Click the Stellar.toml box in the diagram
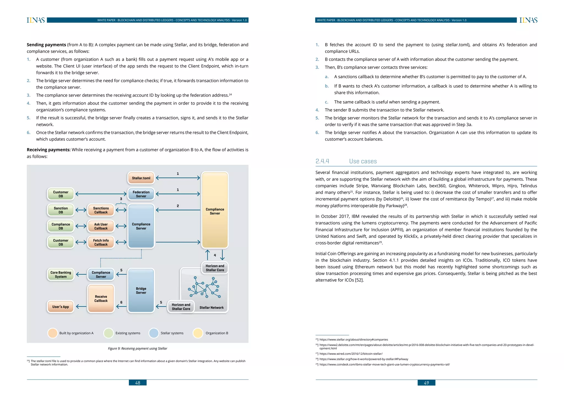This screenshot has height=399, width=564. point(141,178)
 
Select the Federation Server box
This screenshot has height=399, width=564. point(141,194)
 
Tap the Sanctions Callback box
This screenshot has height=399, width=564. point(101,210)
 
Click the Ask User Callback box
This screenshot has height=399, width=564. point(101,226)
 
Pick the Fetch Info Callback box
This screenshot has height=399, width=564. point(101,242)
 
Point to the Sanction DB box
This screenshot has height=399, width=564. point(61,210)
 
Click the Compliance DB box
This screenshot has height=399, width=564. point(61,226)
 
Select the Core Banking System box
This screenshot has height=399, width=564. point(61,274)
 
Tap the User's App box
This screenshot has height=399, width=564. point(61,307)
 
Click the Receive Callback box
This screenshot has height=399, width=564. point(101,299)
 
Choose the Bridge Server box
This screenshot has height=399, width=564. point(141,290)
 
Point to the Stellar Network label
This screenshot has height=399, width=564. point(211,308)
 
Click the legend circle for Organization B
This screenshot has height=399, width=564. point(198,333)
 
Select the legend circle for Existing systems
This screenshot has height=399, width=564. point(109,333)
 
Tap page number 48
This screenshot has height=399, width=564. point(138,383)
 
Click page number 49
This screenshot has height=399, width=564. point(426,383)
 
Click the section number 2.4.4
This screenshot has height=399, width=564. point(322,161)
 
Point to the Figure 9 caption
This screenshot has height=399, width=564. point(137,349)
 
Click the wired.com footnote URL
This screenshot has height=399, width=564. point(351,354)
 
